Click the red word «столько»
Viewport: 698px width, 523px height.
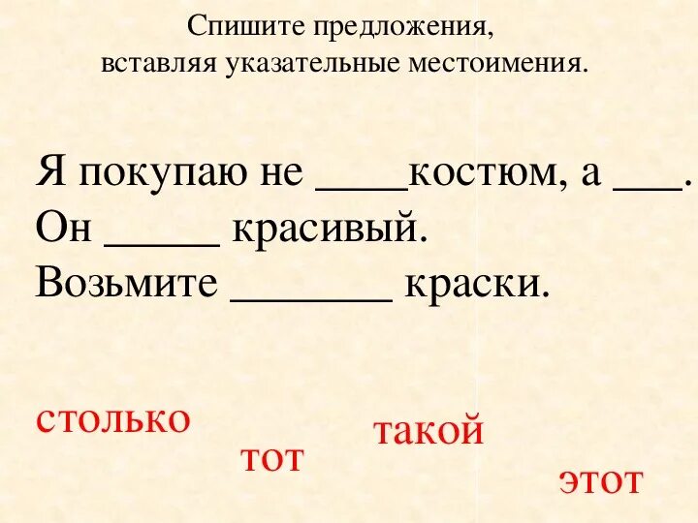pos(112,419)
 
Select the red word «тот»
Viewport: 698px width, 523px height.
pos(271,458)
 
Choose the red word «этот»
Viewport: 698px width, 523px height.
pos(600,480)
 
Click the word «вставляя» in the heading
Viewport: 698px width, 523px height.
pos(161,65)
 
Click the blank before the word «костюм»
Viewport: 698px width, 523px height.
pos(363,188)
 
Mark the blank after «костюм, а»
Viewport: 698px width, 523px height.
pos(647,188)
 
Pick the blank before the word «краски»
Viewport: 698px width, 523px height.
pos(311,294)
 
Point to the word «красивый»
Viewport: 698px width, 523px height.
pos(328,231)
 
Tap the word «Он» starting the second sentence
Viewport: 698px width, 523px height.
pos(64,230)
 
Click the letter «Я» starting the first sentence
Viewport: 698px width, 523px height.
pos(49,175)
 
